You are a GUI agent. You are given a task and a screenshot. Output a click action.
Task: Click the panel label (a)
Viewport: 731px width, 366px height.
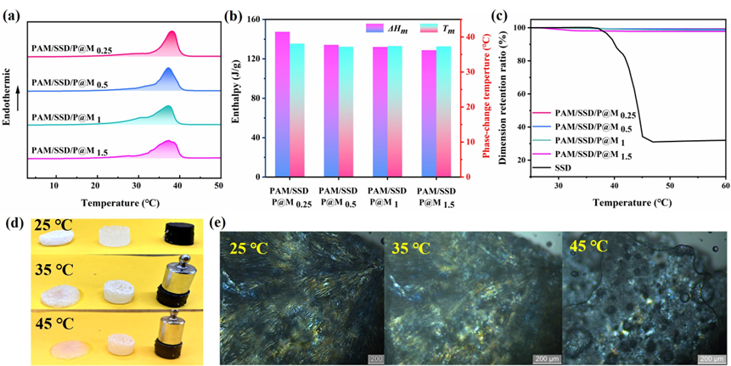(x=11, y=11)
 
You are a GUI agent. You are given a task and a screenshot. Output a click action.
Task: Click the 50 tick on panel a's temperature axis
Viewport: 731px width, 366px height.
(x=218, y=186)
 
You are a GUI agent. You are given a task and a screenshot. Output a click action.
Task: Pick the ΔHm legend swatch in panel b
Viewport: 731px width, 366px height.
(x=371, y=27)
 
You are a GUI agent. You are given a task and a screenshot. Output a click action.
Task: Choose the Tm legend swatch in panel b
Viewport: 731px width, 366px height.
(x=426, y=27)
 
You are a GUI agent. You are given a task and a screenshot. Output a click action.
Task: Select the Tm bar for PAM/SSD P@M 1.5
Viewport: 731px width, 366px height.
(x=443, y=110)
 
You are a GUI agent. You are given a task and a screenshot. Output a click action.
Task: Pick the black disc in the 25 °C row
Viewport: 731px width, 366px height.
(x=177, y=231)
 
